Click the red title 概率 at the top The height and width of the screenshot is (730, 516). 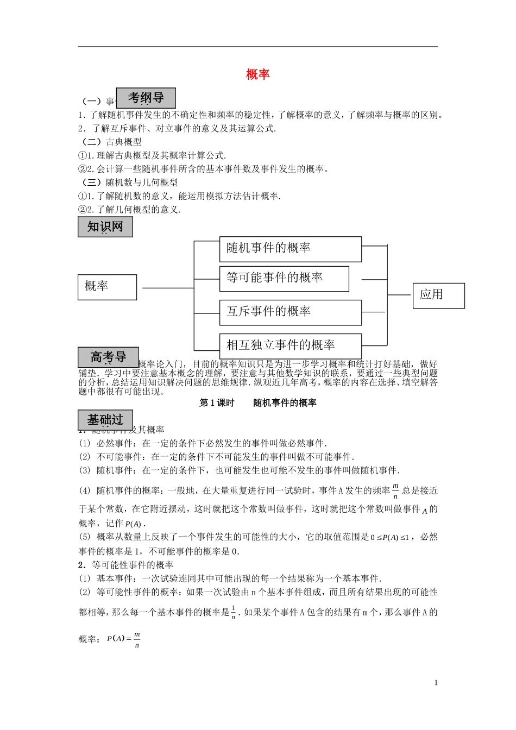257,74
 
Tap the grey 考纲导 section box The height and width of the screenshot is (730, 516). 146,98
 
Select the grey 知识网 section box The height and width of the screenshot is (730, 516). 105,226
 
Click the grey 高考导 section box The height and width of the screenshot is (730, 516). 108,357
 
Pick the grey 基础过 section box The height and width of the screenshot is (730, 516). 105,420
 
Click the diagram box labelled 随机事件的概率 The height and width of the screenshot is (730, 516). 290,249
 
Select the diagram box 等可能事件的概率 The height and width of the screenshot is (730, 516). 284,278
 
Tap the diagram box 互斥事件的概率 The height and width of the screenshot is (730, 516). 290,312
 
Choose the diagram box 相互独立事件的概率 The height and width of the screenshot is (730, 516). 290,345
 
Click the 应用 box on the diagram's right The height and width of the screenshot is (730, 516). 438,295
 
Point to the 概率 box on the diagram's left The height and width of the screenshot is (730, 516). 107,287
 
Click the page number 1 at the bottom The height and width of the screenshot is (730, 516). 436,683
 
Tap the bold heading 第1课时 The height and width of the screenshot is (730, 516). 217,403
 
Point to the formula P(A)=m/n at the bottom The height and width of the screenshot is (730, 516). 124,639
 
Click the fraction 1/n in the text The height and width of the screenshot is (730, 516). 233,612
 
